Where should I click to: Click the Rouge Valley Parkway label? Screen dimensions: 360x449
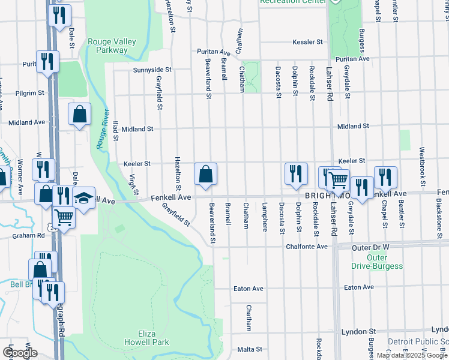112,46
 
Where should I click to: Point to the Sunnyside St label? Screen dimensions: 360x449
152,70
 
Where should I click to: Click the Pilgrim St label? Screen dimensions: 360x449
33,93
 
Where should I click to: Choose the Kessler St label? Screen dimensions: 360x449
308,42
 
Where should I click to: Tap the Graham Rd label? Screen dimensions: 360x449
28,236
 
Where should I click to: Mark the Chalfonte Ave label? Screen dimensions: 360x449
307,246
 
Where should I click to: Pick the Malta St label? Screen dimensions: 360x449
250,349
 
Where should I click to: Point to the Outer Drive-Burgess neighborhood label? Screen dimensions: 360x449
368,262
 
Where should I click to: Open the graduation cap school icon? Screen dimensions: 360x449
84,197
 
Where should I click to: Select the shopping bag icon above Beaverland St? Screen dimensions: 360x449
205,174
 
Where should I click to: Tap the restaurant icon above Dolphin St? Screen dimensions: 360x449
296,173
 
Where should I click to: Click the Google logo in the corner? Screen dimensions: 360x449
20,353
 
